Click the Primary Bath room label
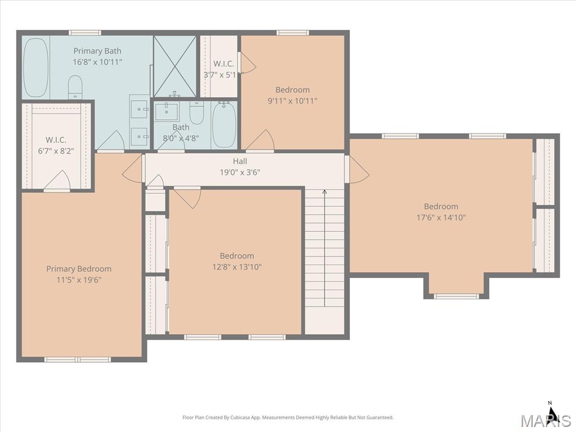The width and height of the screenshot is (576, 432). pos(97,51)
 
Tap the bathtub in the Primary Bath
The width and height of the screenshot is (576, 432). pos(35,67)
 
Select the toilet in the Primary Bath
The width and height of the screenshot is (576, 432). pos(75,87)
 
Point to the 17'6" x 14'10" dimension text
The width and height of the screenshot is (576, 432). pos(441,218)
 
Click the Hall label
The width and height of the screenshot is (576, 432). pos(240,161)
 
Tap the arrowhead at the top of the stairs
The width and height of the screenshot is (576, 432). pos(325,191)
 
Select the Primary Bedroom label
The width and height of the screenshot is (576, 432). pos(79,269)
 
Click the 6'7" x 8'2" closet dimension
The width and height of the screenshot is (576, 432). pos(56,151)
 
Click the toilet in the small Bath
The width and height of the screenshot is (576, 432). pos(196,112)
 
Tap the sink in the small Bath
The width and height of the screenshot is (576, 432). pos(166,112)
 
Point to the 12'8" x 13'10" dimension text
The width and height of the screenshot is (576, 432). pos(237,267)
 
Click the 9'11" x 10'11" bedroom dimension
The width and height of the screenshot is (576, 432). pos(292,101)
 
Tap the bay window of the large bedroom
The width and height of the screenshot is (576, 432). pos(457,296)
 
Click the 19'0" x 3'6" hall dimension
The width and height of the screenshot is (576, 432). pos(240,172)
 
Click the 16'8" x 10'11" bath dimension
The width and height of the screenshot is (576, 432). pos(97,62)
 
